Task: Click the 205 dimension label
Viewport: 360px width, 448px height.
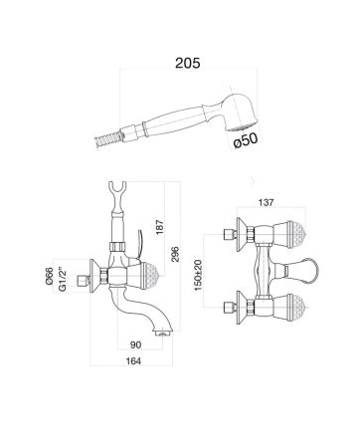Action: click(x=188, y=63)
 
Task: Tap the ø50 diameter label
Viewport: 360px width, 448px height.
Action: click(x=246, y=140)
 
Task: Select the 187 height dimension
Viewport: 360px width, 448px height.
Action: click(x=160, y=227)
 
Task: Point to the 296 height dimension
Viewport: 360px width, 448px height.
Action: click(x=175, y=255)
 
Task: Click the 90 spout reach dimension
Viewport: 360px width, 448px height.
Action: click(x=135, y=344)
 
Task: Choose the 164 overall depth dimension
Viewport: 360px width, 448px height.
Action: click(x=133, y=360)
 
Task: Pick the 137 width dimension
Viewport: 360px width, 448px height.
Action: click(x=266, y=202)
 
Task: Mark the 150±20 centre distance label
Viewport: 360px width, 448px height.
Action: click(x=198, y=275)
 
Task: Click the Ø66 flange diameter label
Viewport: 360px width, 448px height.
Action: click(x=50, y=275)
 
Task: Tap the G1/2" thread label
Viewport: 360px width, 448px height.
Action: click(x=63, y=279)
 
